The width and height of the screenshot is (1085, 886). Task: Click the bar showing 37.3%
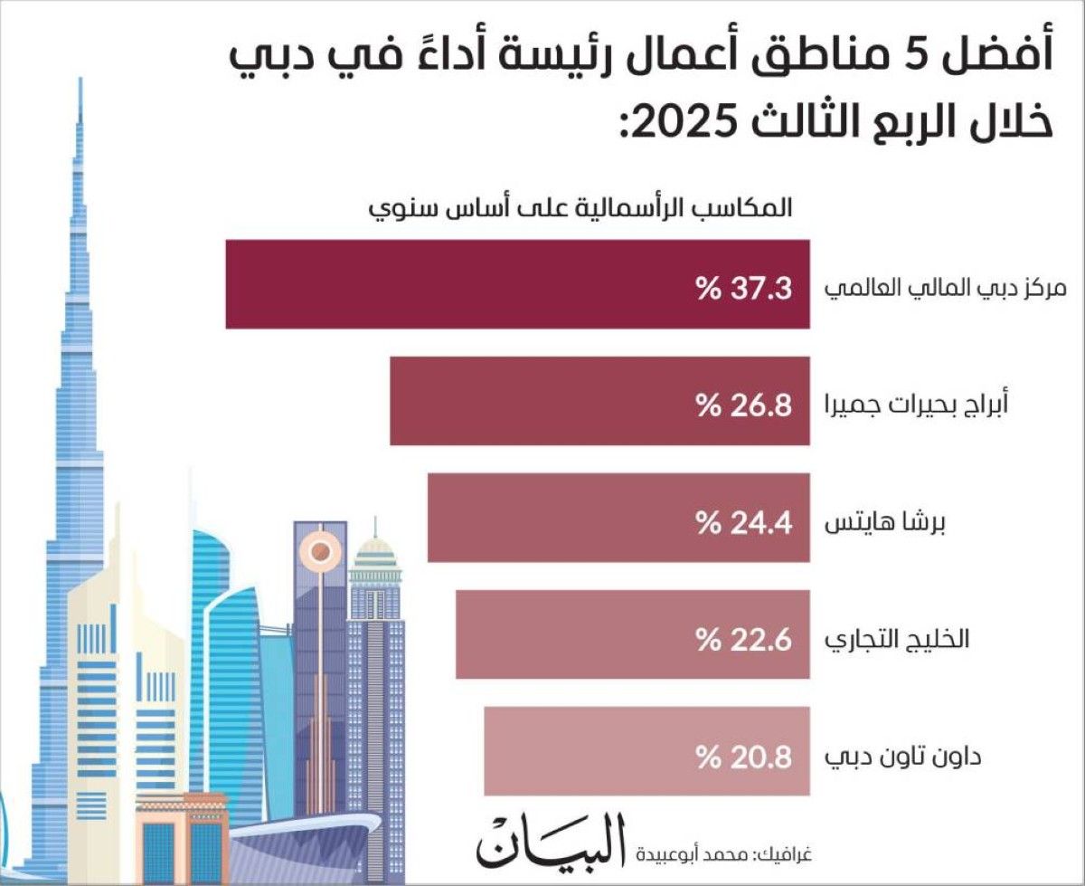[517, 284]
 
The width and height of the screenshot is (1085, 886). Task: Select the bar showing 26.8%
[599, 401]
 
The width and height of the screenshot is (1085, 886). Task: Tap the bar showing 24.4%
[618, 518]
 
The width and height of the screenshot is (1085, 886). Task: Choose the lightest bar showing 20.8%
[646, 751]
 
